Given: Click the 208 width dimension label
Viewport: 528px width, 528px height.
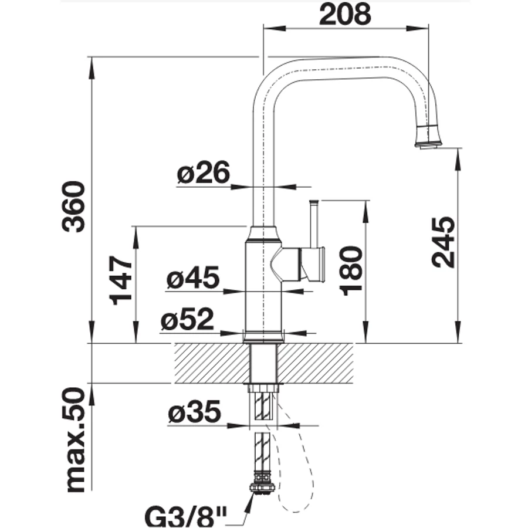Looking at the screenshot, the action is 345,14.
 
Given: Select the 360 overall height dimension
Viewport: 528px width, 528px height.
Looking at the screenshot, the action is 73,207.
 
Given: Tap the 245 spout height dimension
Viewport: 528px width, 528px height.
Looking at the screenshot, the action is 443,242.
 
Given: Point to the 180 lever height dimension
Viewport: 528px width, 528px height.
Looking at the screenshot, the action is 351,270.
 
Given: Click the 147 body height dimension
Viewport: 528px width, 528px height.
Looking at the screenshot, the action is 121,280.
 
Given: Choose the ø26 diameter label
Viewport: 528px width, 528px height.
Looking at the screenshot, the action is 204,172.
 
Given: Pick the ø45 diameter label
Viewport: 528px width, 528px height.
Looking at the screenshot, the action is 193,277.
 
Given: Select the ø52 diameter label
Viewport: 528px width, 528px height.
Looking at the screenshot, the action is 187,319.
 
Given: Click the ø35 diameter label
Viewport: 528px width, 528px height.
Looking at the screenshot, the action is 195,411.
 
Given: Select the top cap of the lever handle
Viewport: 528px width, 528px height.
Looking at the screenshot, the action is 314,202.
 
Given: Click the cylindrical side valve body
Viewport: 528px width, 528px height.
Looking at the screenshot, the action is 312,264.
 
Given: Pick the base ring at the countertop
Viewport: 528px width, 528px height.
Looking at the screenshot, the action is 263,337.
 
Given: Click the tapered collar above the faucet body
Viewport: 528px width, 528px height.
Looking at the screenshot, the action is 263,233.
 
